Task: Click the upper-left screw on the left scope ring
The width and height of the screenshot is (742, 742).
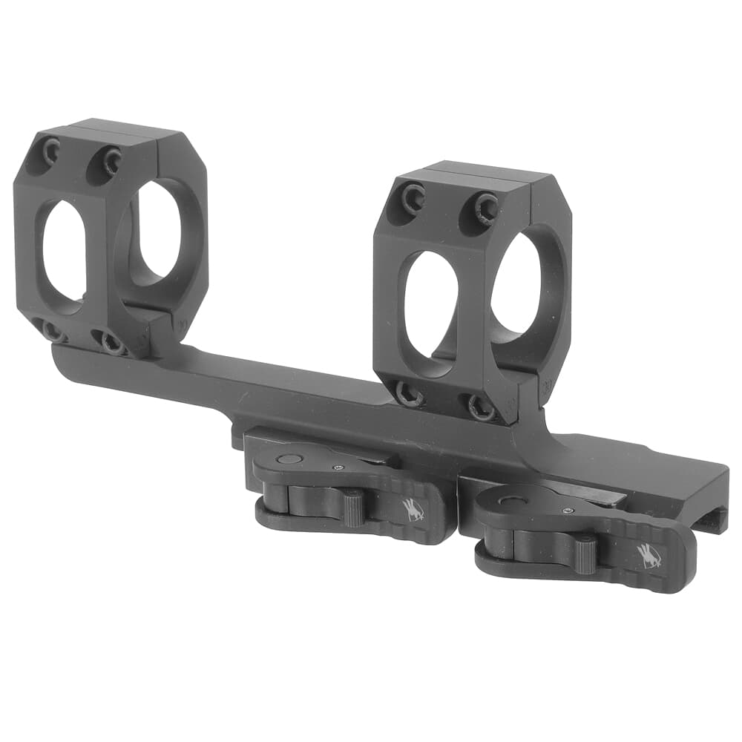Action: (51, 153)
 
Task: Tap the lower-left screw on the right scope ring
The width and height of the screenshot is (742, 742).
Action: (410, 393)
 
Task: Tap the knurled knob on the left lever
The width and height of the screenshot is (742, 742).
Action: (352, 508)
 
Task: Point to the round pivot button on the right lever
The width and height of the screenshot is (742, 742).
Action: (511, 501)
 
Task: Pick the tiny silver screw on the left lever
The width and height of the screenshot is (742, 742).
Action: (339, 467)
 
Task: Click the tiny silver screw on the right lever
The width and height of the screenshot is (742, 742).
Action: (566, 510)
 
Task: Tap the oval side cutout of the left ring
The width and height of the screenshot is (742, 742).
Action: (63, 248)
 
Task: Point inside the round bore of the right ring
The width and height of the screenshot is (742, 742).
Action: (519, 286)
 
